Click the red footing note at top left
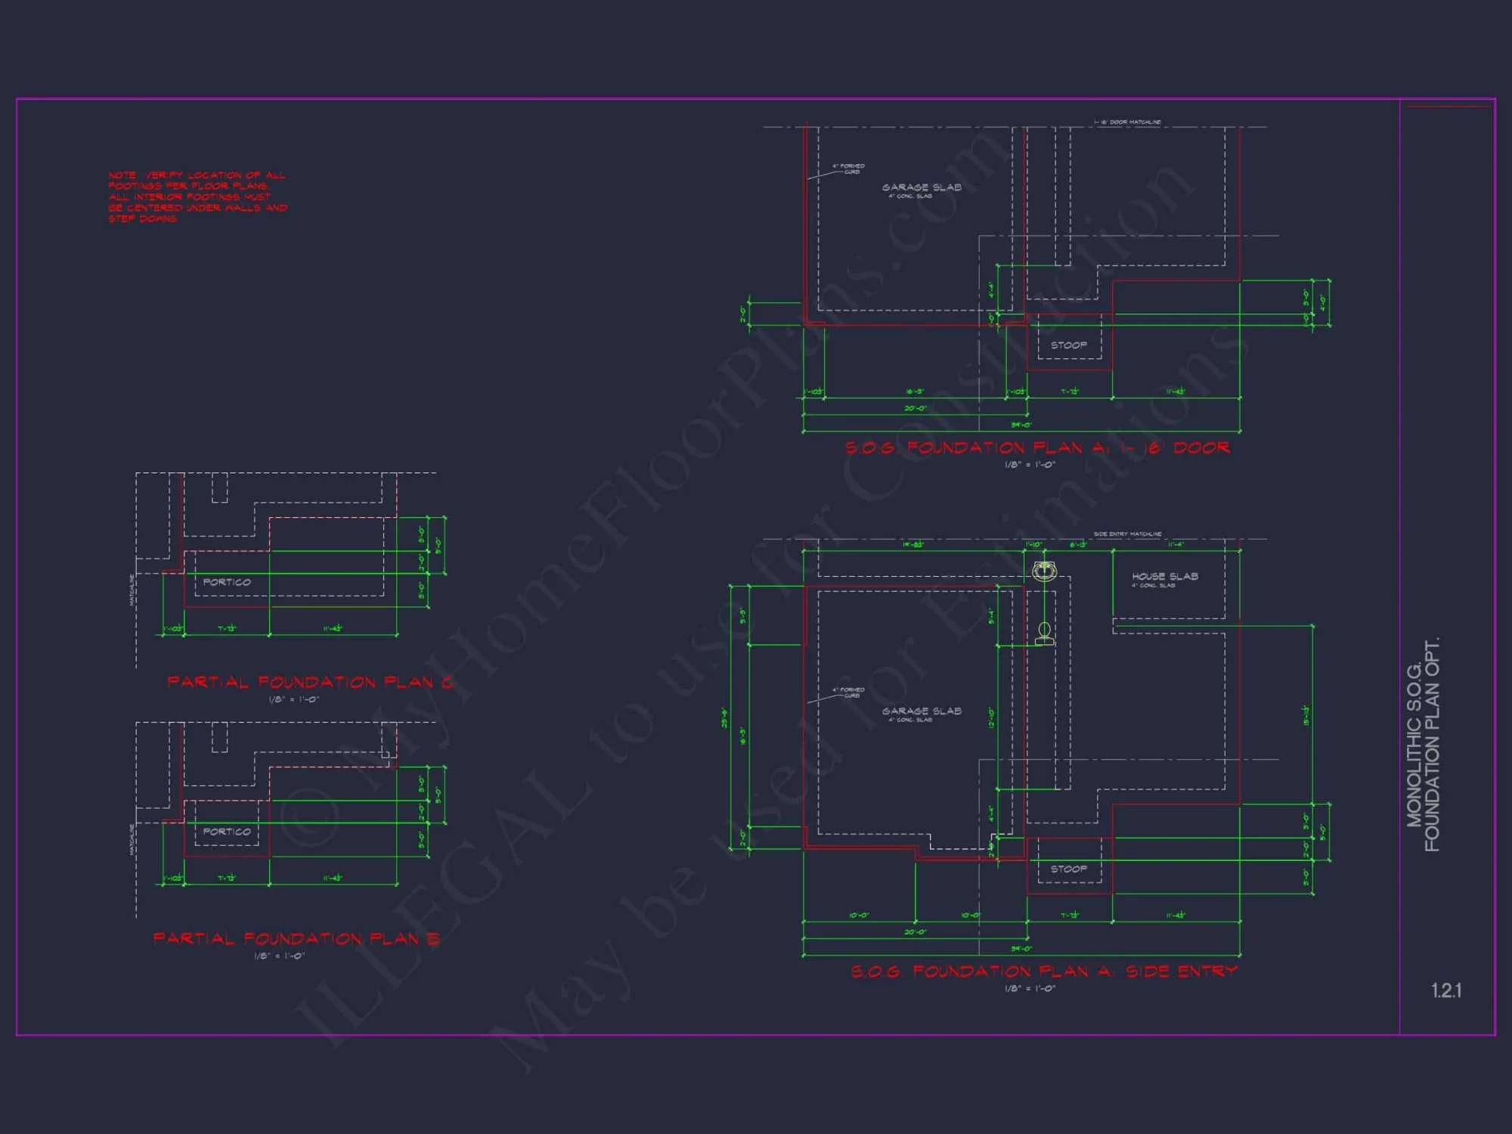pyautogui.click(x=197, y=197)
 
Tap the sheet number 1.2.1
pyautogui.click(x=1445, y=990)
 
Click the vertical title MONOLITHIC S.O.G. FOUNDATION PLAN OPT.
pyautogui.click(x=1423, y=745)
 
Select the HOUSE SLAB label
pyautogui.click(x=1164, y=577)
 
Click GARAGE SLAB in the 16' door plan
pyautogui.click(x=922, y=187)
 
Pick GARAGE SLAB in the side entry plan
pyautogui.click(x=922, y=711)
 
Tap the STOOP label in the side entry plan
pyautogui.click(x=1068, y=869)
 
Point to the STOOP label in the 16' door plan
pyautogui.click(x=1068, y=345)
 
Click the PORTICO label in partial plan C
pyautogui.click(x=226, y=582)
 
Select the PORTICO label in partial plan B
pyautogui.click(x=226, y=832)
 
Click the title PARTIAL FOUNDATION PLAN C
pyautogui.click(x=310, y=683)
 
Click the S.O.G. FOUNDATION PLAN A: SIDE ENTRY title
pyautogui.click(x=1044, y=971)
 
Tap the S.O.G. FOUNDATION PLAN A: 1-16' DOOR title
pyautogui.click(x=1037, y=448)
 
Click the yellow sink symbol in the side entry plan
pyautogui.click(x=1044, y=571)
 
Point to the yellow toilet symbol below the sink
pyautogui.click(x=1044, y=634)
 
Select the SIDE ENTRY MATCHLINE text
pyautogui.click(x=1127, y=534)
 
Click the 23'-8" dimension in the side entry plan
pyautogui.click(x=724, y=717)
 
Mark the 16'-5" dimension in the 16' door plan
pyautogui.click(x=914, y=392)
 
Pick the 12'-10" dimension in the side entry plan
pyautogui.click(x=991, y=717)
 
